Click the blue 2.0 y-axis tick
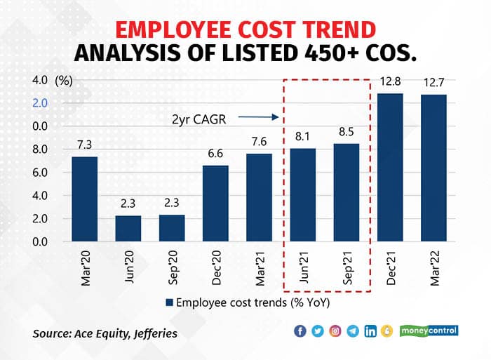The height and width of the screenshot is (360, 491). [x=39, y=103]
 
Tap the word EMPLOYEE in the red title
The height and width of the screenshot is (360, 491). [x=180, y=30]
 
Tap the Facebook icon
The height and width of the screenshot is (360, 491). [x=300, y=331]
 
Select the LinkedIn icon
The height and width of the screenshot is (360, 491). [x=370, y=331]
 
